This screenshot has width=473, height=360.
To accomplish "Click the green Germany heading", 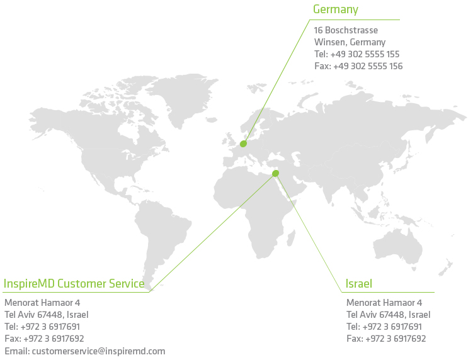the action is click(336, 9).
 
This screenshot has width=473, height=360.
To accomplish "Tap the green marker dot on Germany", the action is click(243, 144).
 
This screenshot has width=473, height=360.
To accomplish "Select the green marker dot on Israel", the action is click(275, 173).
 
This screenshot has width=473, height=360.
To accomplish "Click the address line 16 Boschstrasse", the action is click(346, 30).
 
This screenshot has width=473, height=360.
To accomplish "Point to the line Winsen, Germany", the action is click(350, 42).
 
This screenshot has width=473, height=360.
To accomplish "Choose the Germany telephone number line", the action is click(357, 54).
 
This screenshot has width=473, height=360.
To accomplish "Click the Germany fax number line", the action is click(358, 66).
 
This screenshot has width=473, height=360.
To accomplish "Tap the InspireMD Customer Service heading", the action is click(74, 284).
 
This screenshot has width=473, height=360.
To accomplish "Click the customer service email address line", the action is click(85, 351).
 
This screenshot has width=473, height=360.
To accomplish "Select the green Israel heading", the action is click(358, 284).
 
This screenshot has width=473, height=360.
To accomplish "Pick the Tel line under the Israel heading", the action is click(384, 327).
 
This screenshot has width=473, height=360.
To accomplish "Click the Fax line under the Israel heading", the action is click(386, 339).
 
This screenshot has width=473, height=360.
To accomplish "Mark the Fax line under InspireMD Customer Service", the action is click(44, 339).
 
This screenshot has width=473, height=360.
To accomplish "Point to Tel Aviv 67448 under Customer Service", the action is click(47, 315).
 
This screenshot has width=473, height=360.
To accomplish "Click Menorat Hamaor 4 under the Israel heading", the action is click(384, 303).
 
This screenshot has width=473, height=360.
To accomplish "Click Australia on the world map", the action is click(398, 245).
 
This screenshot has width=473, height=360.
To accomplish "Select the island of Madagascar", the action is click(291, 238).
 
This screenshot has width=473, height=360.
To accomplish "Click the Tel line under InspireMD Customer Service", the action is click(42, 327).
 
